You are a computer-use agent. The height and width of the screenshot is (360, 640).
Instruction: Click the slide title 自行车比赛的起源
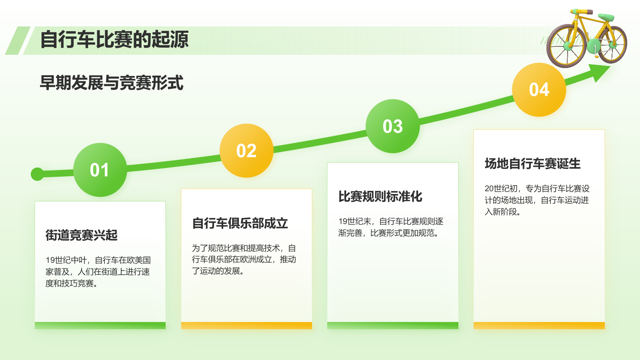click(x=114, y=40)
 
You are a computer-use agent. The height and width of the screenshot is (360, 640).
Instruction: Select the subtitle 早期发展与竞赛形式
click(x=112, y=83)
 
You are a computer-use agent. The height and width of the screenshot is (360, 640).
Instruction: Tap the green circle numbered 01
click(x=100, y=170)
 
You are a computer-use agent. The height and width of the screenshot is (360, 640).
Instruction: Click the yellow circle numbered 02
click(x=246, y=151)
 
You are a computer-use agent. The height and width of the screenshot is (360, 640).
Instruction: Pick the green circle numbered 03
click(x=392, y=126)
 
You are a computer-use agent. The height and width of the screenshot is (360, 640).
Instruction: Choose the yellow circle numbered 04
click(x=539, y=90)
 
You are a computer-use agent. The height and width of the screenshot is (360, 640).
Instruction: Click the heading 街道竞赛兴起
click(x=82, y=235)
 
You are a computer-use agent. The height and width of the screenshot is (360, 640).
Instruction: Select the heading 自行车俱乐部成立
click(x=240, y=223)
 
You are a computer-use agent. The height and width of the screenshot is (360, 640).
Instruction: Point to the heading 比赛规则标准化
click(x=380, y=196)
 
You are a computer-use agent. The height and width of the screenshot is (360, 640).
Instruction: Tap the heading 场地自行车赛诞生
click(x=532, y=164)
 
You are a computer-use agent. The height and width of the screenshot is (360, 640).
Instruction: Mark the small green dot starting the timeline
click(x=37, y=174)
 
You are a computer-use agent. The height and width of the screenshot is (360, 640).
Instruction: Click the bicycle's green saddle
click(x=606, y=17)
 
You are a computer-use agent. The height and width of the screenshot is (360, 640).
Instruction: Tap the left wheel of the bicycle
click(x=566, y=46)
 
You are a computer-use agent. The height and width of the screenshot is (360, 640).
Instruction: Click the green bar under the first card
click(x=100, y=326)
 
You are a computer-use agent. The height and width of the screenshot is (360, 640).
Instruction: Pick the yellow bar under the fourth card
click(x=539, y=326)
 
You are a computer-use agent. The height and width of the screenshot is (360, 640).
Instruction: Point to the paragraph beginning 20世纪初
click(x=537, y=200)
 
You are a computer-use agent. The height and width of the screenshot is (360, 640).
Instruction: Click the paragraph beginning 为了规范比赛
click(x=244, y=260)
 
